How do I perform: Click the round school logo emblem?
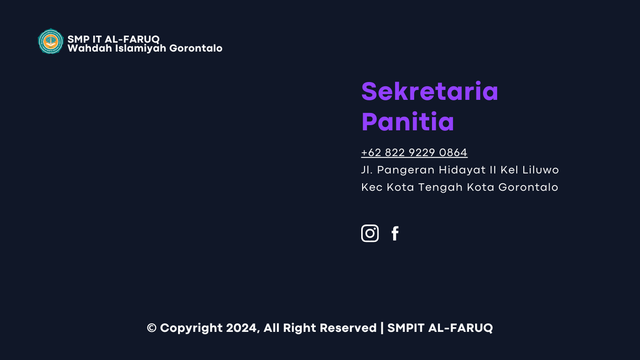tap(51, 41)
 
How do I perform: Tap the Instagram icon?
tap(370, 233)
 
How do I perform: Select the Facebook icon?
tap(395, 233)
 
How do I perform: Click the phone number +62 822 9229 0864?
tap(414, 152)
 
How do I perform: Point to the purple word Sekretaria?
tap(430, 91)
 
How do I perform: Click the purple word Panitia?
tap(408, 122)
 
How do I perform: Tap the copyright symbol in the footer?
tap(151, 328)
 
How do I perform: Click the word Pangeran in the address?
tap(406, 170)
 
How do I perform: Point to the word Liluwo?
tap(540, 170)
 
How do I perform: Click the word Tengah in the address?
tap(440, 187)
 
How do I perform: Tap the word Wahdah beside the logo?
tap(89, 48)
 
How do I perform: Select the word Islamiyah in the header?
tap(141, 48)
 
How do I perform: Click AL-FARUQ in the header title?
tap(132, 39)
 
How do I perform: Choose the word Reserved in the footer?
tap(348, 328)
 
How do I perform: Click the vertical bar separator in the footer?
tap(382, 328)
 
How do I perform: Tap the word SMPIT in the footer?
tap(406, 328)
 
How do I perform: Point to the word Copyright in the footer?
tap(191, 328)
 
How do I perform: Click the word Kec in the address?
tap(372, 187)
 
